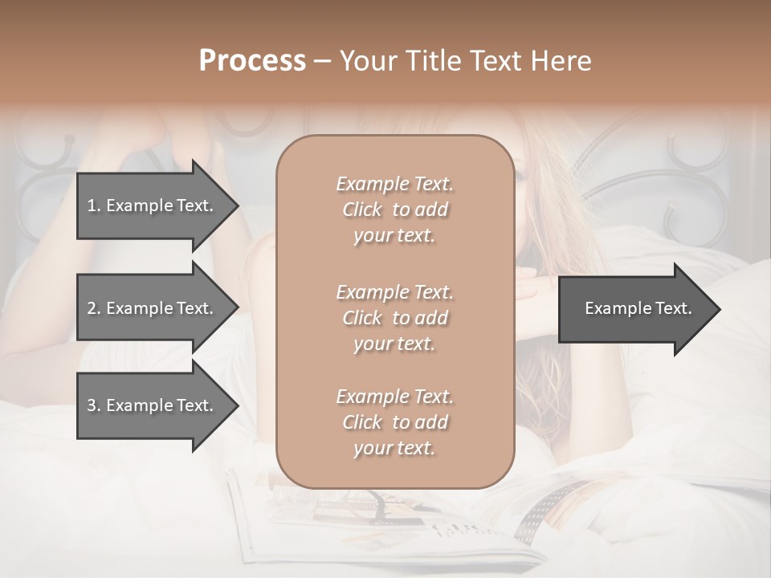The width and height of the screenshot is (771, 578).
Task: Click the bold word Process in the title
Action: click(252, 61)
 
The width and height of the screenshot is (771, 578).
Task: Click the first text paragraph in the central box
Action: click(394, 210)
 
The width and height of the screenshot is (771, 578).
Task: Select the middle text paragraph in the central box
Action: click(394, 317)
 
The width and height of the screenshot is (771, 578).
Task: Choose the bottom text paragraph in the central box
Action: click(394, 422)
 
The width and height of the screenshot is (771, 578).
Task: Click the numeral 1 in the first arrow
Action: click(92, 206)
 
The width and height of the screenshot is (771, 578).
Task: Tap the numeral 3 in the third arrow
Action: click(92, 405)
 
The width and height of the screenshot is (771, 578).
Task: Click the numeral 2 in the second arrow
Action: click(92, 308)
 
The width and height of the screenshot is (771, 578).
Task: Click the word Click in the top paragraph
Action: click(362, 210)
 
